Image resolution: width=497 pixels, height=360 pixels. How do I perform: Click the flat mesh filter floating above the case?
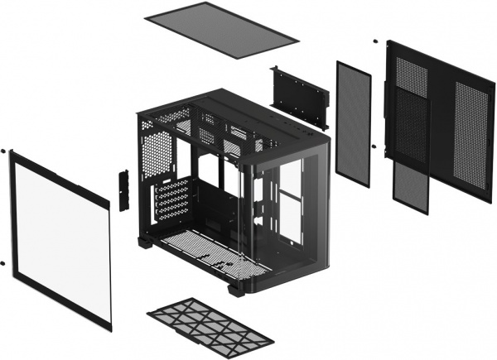[x=221, y=31]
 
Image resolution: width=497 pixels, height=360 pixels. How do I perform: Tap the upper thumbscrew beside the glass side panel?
[x=4, y=151]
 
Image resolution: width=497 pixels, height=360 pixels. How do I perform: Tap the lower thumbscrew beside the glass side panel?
[x=4, y=263]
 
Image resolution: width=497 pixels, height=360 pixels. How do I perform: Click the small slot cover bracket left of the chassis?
[x=124, y=190]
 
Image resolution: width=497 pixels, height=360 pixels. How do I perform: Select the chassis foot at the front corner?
[x=237, y=290]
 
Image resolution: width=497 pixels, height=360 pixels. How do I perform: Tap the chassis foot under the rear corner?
[x=147, y=242]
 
